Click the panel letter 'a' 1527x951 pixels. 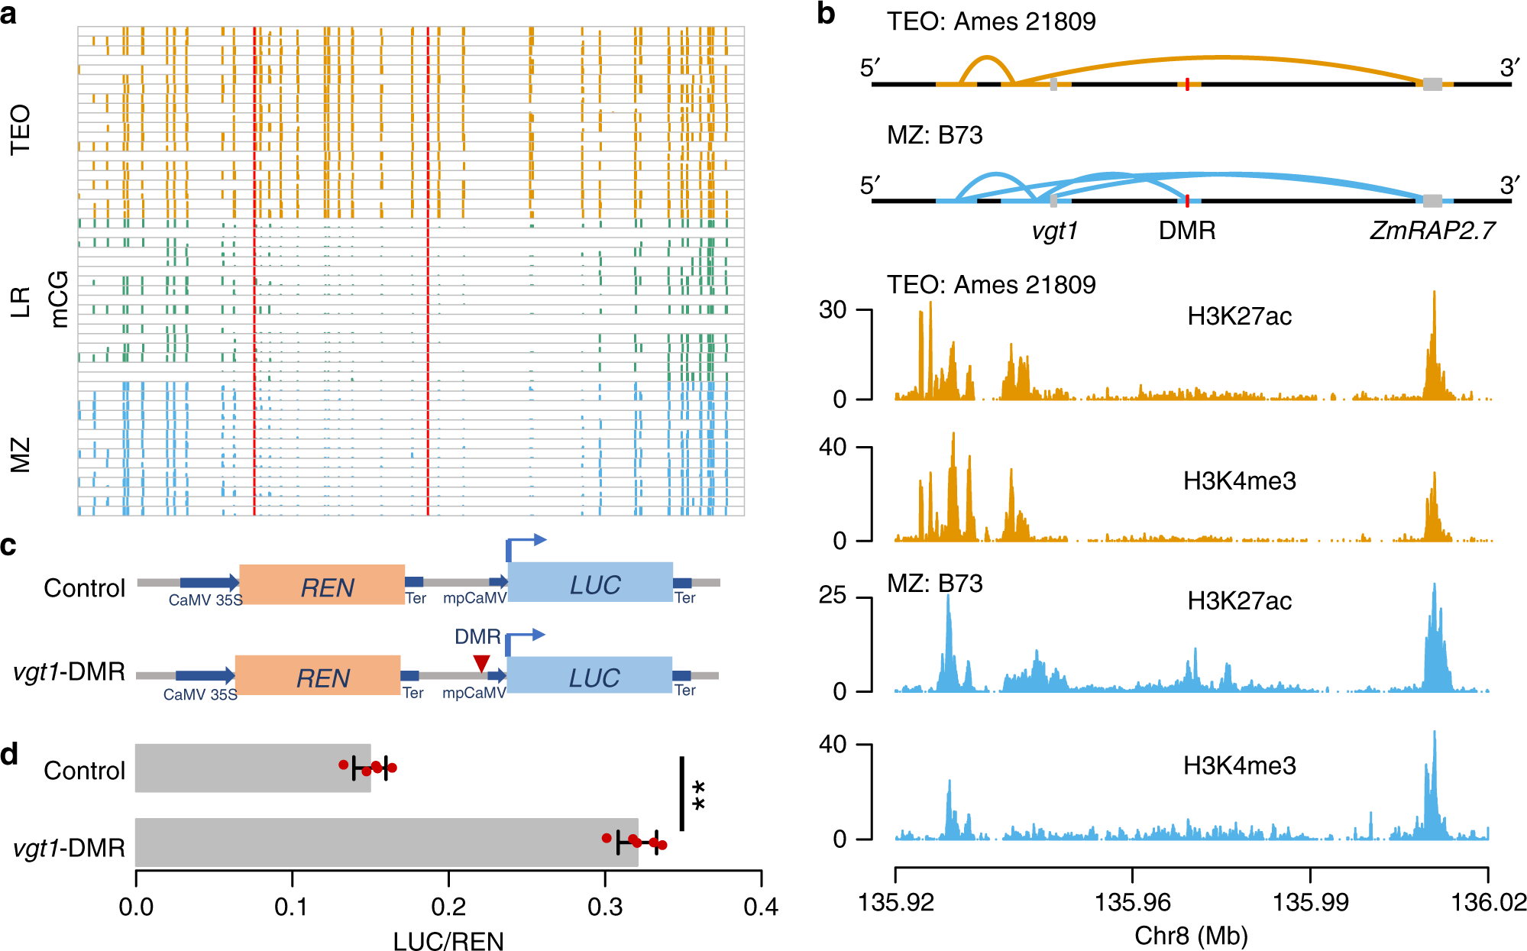9,14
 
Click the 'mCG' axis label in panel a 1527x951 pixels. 59,299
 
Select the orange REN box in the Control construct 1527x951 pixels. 322,585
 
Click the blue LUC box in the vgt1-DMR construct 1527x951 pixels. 590,675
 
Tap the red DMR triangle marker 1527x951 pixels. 481,663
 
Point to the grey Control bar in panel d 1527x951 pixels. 252,768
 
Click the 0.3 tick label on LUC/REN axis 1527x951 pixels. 605,907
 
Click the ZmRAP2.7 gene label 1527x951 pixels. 1432,230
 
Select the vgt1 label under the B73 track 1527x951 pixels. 1054,230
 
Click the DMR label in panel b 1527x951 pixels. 1186,230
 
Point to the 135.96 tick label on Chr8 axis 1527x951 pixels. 1132,903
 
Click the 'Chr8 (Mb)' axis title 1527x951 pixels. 1191,935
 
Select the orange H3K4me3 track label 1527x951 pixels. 1239,480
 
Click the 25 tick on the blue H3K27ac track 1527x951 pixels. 833,596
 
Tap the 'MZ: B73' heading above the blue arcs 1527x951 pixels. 934,135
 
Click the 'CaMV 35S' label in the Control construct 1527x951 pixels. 205,600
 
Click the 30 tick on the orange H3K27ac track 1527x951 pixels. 833,310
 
